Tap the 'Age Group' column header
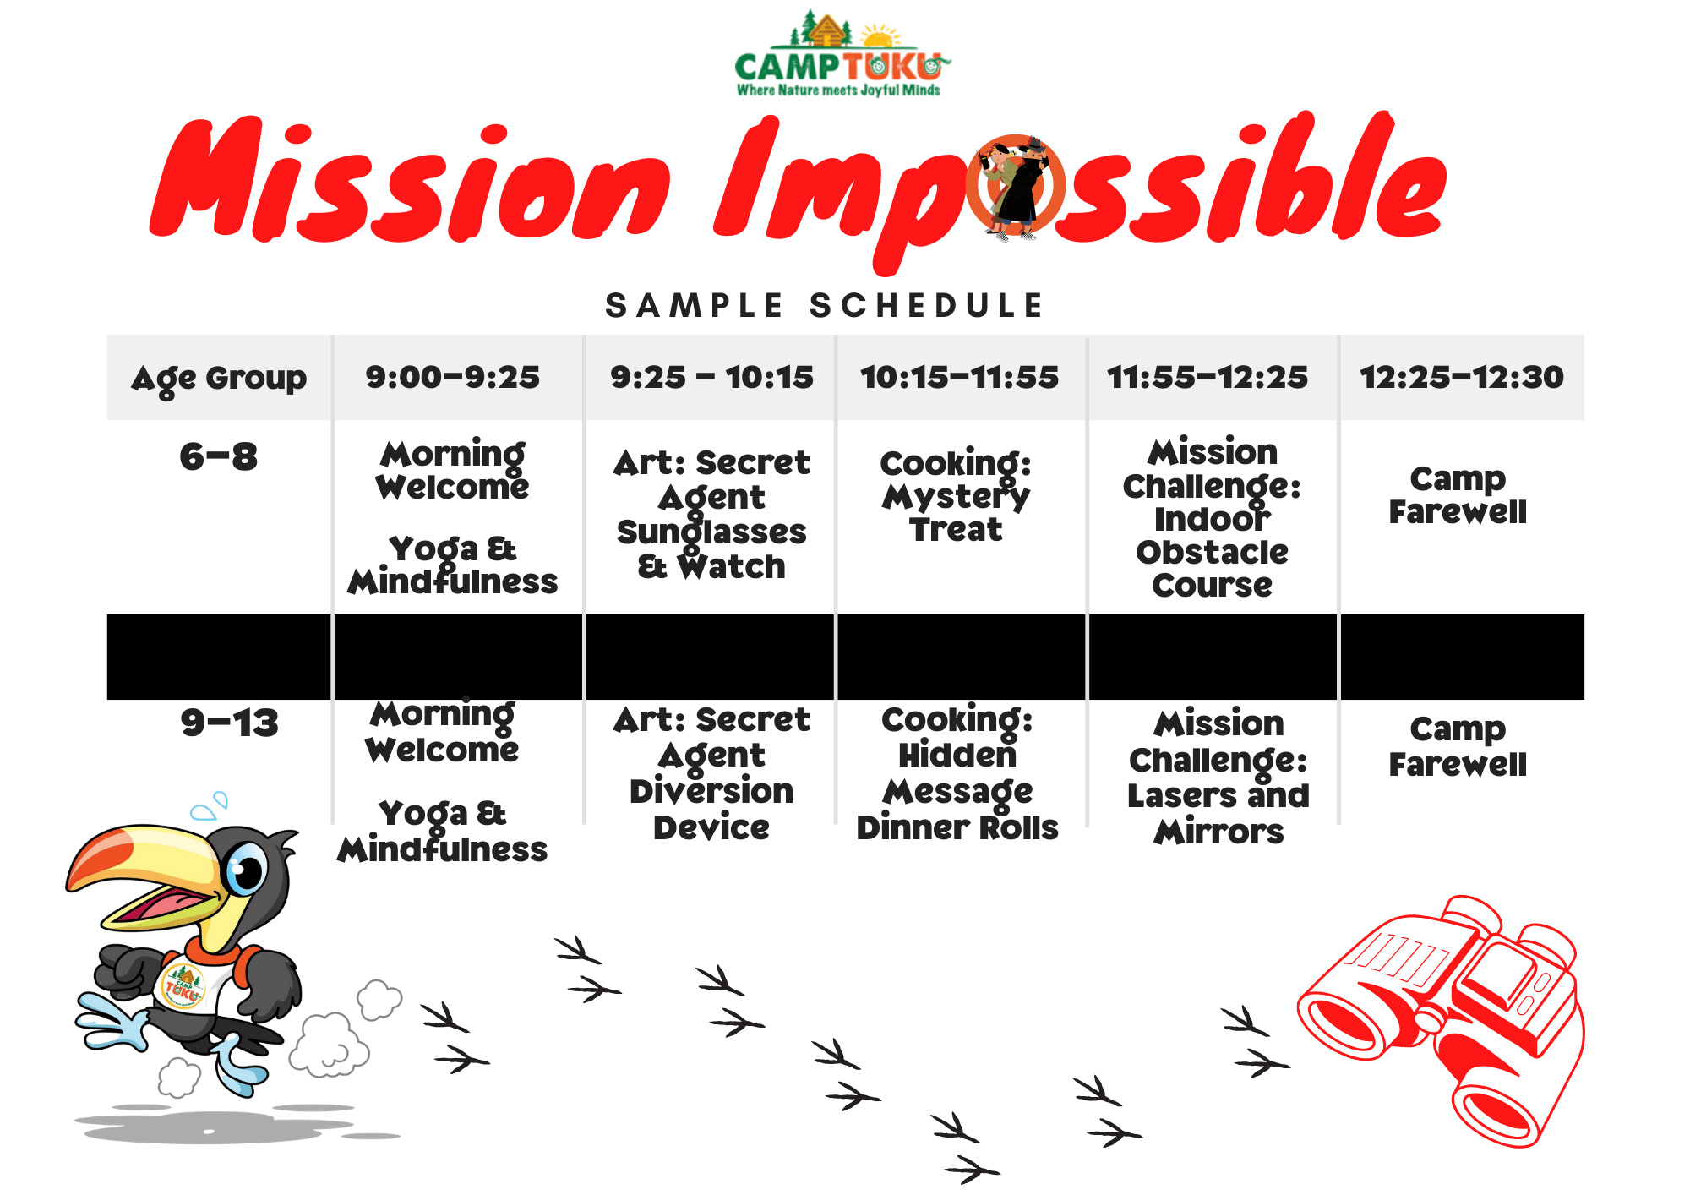coord(219,379)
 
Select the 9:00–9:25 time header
coord(453,377)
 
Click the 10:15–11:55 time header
coord(959,377)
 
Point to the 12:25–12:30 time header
coord(1462,377)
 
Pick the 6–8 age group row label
coord(219,457)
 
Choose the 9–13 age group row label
coord(230,723)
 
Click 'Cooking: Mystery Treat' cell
coord(956,496)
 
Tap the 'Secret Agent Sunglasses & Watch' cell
coord(711,515)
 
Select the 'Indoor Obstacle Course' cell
coord(1213,518)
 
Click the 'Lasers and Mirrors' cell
coord(1218,777)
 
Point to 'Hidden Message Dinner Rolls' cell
coord(957,773)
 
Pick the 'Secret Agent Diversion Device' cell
coord(711,773)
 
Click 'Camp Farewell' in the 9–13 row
coord(1458,746)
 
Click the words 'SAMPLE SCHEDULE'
coord(826,306)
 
